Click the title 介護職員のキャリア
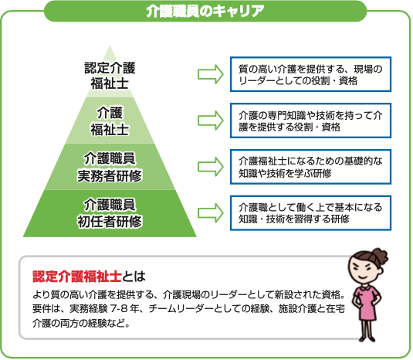(x=205, y=12)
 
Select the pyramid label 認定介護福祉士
(x=110, y=76)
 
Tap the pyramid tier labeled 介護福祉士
(x=110, y=121)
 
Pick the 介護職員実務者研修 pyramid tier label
(x=110, y=167)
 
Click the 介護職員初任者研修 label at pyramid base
(x=110, y=213)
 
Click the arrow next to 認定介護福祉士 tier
(x=211, y=74)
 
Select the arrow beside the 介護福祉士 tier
(x=211, y=121)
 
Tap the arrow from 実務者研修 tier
(x=211, y=167)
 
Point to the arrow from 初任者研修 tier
(x=211, y=213)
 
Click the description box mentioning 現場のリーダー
(x=310, y=74)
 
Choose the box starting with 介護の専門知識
(x=310, y=121)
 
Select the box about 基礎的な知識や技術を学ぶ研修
(x=310, y=167)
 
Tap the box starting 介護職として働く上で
(x=310, y=213)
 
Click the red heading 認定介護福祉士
(x=77, y=277)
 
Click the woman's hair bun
(x=380, y=256)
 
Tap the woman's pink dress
(x=367, y=303)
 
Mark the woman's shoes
(x=368, y=338)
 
